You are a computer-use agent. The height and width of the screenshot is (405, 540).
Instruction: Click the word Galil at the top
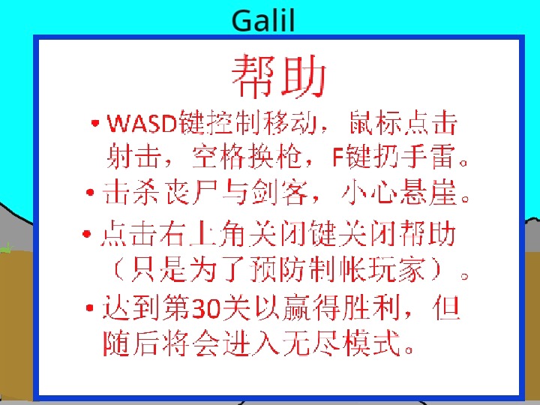pos(263,21)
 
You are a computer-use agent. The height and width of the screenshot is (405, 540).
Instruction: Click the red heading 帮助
pos(278,76)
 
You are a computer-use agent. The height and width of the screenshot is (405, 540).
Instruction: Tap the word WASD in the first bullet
pos(142,123)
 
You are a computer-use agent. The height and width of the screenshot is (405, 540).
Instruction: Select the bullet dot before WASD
pos(95,123)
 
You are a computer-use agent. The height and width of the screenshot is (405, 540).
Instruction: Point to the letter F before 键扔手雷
pos(338,157)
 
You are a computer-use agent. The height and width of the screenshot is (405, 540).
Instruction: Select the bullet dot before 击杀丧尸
pos(90,192)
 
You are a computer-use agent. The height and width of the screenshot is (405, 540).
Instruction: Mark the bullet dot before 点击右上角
pos(87,234)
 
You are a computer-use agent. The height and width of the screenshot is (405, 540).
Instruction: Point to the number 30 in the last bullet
pos(206,308)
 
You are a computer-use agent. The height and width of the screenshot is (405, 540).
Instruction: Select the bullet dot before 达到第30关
pos(90,308)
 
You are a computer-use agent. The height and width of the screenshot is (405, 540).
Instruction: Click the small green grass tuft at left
pos(6,248)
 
